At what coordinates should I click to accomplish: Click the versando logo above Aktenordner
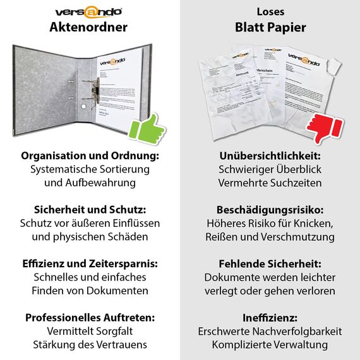tap(89, 11)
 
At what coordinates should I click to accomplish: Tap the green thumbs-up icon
tap(147, 129)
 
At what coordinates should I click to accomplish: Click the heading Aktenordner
tap(89, 27)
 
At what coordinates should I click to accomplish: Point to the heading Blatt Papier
tap(270, 27)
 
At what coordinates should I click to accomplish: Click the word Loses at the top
tap(270, 12)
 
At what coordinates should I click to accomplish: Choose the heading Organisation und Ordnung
tap(89, 155)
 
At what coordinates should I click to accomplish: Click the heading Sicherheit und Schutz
tap(89, 209)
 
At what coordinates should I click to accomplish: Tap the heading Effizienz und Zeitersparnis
tap(89, 263)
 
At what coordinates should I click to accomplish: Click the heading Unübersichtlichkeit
tap(270, 155)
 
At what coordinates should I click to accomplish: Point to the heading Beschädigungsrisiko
tap(270, 209)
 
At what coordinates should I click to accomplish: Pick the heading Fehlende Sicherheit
tap(270, 263)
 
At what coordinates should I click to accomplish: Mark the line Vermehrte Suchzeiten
tap(270, 183)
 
